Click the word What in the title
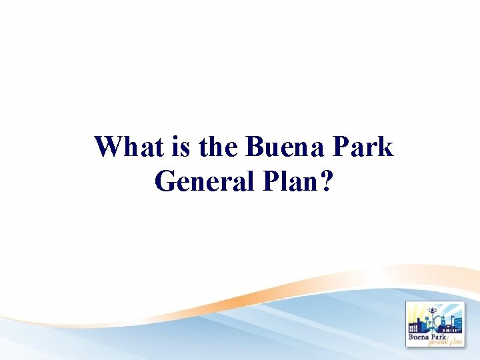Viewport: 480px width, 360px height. (127, 147)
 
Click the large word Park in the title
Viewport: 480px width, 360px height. (363, 147)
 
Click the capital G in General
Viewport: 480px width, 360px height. (165, 180)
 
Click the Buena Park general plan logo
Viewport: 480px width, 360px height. (435, 325)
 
